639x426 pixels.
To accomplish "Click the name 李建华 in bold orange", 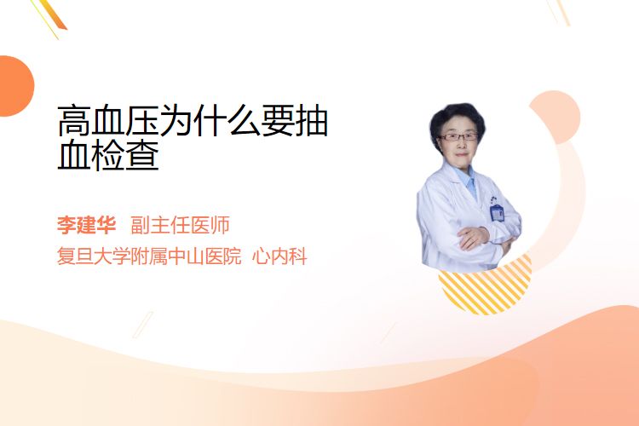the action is pos(86,225).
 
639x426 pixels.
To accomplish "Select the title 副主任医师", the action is pos(180,225).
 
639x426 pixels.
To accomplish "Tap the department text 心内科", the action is pos(279,256).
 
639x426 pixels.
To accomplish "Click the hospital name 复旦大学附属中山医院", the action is pos(149,256).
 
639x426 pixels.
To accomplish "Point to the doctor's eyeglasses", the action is pos(458,137).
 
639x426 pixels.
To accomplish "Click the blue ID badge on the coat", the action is pos(497,212).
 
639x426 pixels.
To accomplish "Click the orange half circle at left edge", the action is pos(15,86).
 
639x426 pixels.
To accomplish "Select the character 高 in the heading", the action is pos(74,120).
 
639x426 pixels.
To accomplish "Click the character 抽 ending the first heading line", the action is pos(312,120).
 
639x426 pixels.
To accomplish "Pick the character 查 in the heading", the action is pos(141,154).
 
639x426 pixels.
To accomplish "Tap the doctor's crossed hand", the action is pos(473,238).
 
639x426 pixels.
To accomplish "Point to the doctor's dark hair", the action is pos(457,119).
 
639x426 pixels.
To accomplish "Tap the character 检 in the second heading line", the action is pos(108,154).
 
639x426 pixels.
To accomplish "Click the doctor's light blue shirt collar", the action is pos(469,179).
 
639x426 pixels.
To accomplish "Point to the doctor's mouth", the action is pos(461,155).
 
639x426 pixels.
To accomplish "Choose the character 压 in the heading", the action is pos(141,120).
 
